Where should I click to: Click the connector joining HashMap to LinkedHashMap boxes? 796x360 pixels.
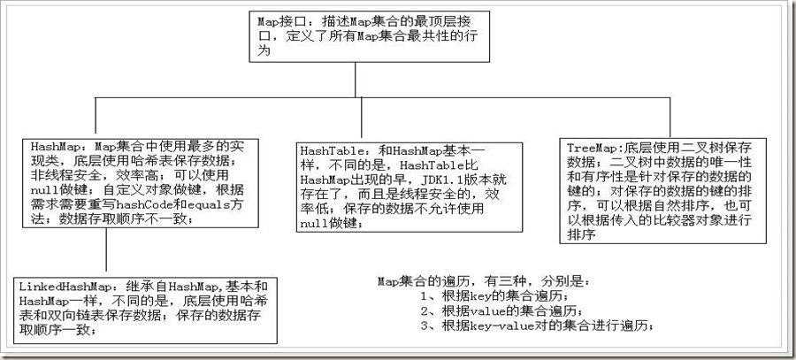[x=106, y=252]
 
